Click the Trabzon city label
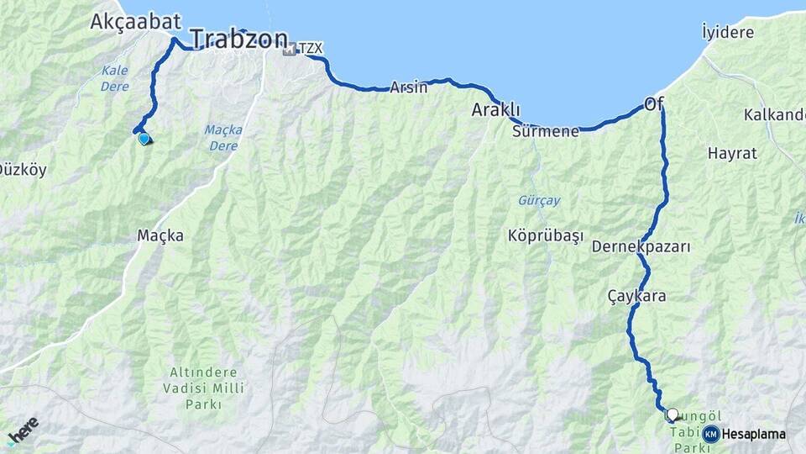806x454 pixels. [x=238, y=39]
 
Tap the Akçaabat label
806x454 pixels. [x=126, y=21]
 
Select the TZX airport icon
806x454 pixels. [x=290, y=50]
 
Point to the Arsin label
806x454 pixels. [x=409, y=87]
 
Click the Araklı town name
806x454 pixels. [x=495, y=110]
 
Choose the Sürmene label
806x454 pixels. [x=545, y=131]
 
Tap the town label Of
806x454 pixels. [x=654, y=104]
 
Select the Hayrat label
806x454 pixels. [x=732, y=154]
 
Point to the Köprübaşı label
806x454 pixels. [x=545, y=235]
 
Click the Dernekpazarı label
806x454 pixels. [x=641, y=247]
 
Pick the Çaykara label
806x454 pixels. [x=637, y=296]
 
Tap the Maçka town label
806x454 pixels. [x=160, y=236]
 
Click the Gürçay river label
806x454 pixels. [x=537, y=201]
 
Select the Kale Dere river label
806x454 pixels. [x=114, y=78]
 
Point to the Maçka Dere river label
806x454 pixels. [x=223, y=137]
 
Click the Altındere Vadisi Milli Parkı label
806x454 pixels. [x=203, y=388]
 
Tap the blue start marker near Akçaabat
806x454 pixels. [x=144, y=139]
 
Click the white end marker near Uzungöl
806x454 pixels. [x=672, y=414]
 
